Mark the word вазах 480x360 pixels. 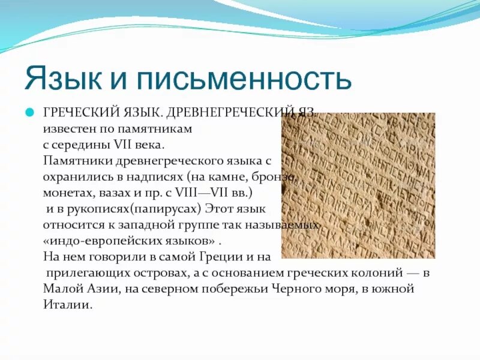[122, 193]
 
